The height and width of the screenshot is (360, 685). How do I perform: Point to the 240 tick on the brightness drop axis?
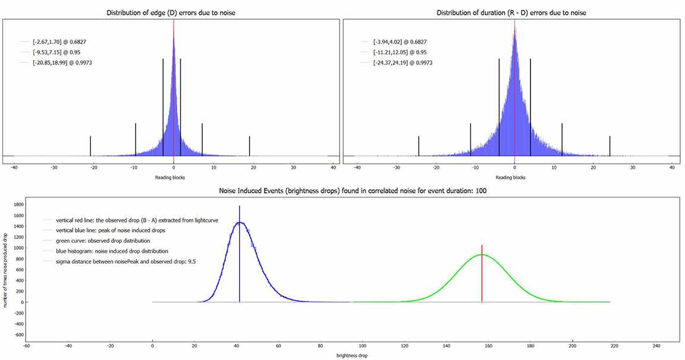pos(656,346)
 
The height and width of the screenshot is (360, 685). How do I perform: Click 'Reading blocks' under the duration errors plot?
pos(511,177)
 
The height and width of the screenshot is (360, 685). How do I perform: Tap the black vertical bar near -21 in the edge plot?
pos(90,146)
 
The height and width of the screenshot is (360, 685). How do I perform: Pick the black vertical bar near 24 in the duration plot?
pos(610,146)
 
